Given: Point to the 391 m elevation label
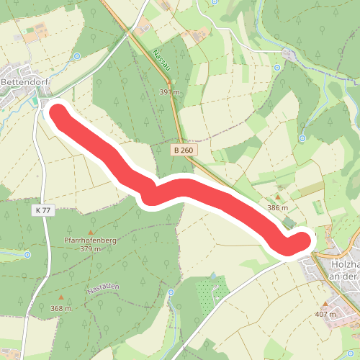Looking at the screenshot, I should [169, 92].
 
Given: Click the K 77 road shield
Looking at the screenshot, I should [43, 210].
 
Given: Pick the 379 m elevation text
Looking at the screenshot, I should [90, 249].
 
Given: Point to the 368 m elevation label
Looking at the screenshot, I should [61, 308].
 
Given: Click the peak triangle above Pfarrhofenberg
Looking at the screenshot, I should [90, 232].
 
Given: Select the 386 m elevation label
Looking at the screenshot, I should [277, 207].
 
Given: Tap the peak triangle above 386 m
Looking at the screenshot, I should [277, 197].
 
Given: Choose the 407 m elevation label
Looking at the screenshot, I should [326, 314].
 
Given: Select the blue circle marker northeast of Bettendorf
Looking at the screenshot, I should [76, 55].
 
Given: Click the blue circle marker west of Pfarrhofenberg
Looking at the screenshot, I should [27, 254].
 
